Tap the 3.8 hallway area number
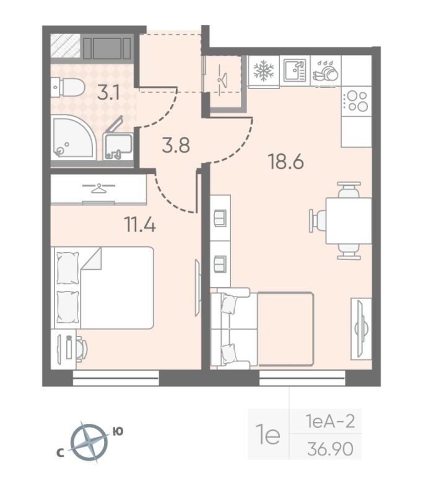coord(176,146)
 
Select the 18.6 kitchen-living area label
coord(286,161)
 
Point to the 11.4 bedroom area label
coord(140,225)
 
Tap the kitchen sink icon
coord(294,70)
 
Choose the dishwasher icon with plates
coord(326,71)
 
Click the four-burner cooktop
coord(356,101)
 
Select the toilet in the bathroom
coord(68,87)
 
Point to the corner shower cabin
coord(73,137)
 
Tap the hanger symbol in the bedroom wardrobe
coord(98,188)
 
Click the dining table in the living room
coord(349,220)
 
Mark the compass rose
coord(89,441)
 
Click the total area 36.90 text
coord(330,449)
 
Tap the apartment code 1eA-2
coord(330,421)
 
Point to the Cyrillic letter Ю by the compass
coord(118,431)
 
